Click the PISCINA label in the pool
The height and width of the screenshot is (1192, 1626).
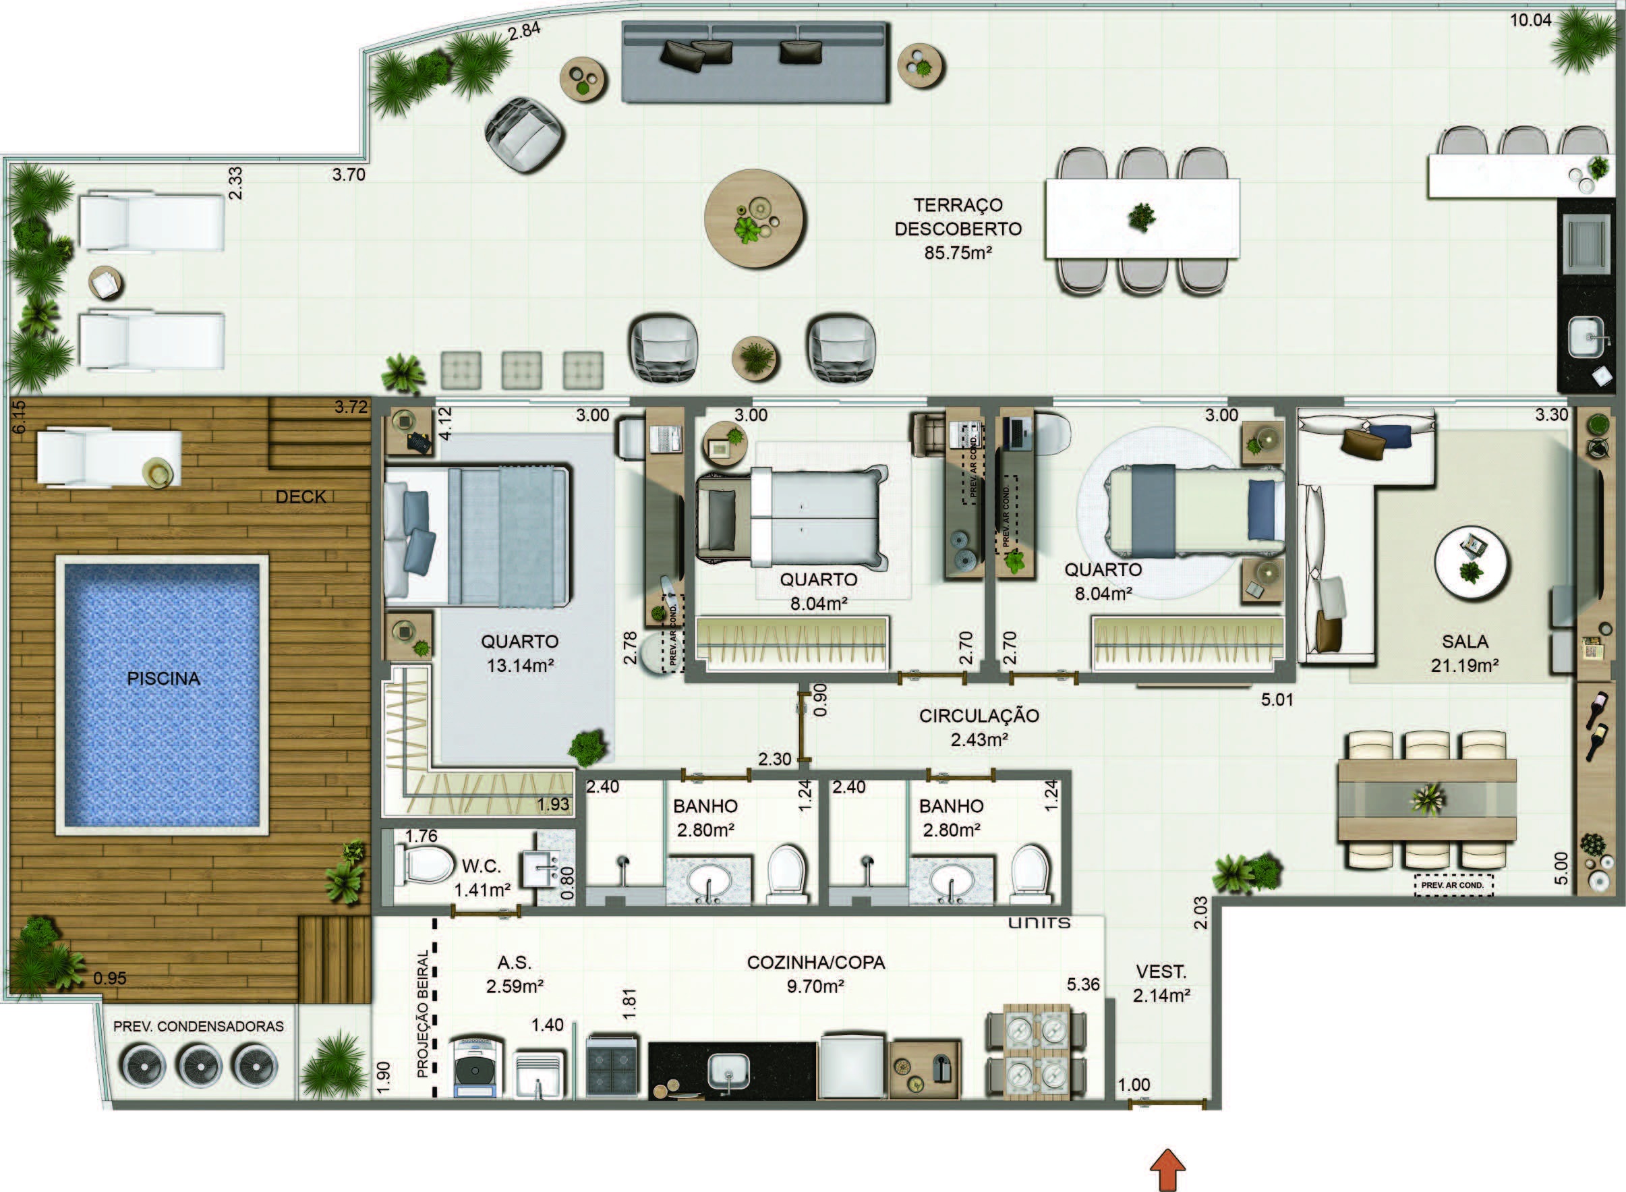tap(163, 678)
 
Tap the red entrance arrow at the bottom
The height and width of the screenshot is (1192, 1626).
tap(1167, 1170)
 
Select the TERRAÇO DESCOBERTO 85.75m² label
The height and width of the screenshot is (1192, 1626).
tap(958, 229)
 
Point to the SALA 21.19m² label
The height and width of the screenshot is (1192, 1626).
tap(1464, 653)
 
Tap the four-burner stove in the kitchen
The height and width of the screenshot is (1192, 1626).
tap(612, 1067)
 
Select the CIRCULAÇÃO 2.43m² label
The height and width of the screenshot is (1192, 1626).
tap(979, 727)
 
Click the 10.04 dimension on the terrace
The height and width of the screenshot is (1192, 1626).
tap(1531, 20)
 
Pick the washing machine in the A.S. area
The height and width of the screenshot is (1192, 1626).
tap(475, 1067)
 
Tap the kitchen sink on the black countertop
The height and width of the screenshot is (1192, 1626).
tap(728, 1071)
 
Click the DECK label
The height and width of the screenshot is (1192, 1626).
tap(301, 496)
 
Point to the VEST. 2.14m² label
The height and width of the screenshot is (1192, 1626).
tap(1161, 984)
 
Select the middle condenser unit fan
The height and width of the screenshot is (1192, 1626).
tap(199, 1067)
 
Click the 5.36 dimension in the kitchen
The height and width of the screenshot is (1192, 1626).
tap(1083, 985)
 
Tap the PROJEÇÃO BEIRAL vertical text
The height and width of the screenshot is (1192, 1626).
tap(423, 1014)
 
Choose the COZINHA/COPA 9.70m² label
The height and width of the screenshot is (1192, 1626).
tap(816, 974)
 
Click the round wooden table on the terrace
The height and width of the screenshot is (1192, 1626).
tap(754, 218)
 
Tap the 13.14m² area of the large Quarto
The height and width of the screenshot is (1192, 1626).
tap(520, 665)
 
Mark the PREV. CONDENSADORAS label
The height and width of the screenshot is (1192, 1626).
tap(198, 1026)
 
